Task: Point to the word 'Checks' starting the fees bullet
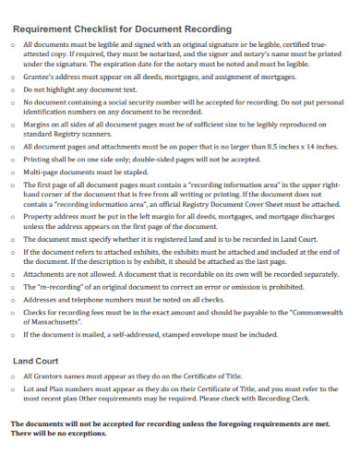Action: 36,312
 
